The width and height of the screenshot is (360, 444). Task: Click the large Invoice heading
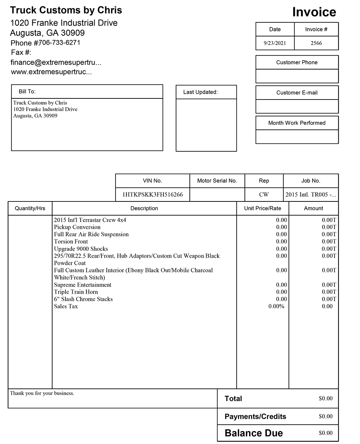[x=314, y=12]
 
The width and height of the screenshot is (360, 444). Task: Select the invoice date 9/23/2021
[x=275, y=43]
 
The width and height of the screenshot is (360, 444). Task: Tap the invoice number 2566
[x=316, y=43]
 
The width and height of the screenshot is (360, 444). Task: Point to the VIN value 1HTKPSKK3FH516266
[x=153, y=195]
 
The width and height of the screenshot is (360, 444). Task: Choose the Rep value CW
[x=264, y=195]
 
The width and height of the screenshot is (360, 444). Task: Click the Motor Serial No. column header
[x=217, y=181]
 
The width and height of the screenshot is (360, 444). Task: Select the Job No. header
[x=311, y=181]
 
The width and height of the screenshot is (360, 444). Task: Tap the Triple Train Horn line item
[x=76, y=292]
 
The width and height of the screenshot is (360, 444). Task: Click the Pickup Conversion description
[x=77, y=227]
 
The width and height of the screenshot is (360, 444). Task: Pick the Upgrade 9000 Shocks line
[x=81, y=249]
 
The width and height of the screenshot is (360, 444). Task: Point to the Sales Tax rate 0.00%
[x=276, y=306]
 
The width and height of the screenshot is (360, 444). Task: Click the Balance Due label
[x=254, y=433]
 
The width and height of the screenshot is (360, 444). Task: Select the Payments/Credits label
[x=255, y=417]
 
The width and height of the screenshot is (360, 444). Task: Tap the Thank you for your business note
[x=42, y=393]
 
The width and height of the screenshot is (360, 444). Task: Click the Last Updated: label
[x=201, y=92]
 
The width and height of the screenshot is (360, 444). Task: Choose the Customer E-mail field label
[x=297, y=93]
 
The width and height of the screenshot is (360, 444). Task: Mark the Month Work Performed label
[x=297, y=123]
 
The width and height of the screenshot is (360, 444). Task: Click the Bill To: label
[x=27, y=92]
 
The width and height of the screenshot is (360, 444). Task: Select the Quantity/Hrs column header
[x=30, y=208]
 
